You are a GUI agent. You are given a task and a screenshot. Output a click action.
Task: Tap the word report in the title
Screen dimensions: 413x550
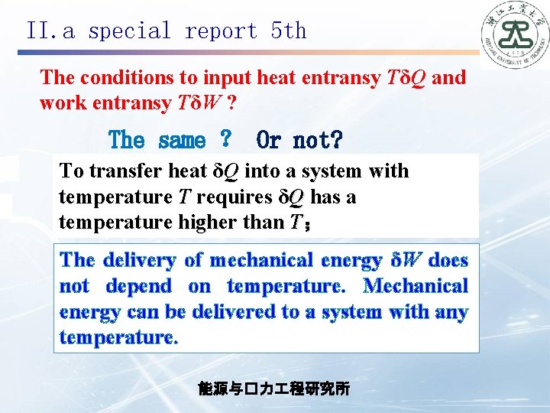[222, 31]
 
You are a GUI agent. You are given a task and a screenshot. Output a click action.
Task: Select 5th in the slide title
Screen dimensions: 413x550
[288, 31]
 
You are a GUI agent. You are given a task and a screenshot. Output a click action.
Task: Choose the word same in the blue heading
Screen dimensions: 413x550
[181, 141]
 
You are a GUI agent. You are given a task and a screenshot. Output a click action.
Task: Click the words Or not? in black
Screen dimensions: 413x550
[299, 141]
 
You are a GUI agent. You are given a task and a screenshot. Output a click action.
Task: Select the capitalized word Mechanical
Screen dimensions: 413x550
[416, 286]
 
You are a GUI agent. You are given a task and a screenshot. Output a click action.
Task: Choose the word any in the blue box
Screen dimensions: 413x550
[449, 312]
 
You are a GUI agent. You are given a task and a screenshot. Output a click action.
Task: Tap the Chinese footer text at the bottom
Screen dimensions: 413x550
[274, 389]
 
